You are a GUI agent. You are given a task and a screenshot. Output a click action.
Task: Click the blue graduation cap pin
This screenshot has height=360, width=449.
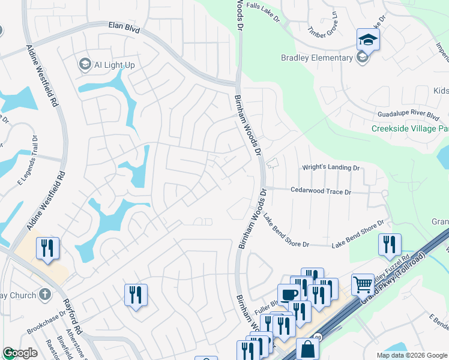(x=368, y=40)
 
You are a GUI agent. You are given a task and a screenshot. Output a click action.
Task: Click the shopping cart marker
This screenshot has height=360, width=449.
(x=363, y=284)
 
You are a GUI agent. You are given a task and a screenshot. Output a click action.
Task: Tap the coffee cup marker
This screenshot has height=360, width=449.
(x=289, y=295)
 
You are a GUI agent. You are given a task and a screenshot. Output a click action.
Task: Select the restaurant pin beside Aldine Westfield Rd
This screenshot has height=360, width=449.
(x=47, y=248)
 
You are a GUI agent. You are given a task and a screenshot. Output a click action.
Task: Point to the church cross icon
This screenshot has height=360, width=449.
(x=44, y=294)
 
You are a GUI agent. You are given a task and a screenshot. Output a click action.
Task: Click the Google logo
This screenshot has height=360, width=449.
(x=20, y=353)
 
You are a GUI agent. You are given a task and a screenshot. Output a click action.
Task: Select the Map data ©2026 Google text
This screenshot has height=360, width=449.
(x=411, y=355)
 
